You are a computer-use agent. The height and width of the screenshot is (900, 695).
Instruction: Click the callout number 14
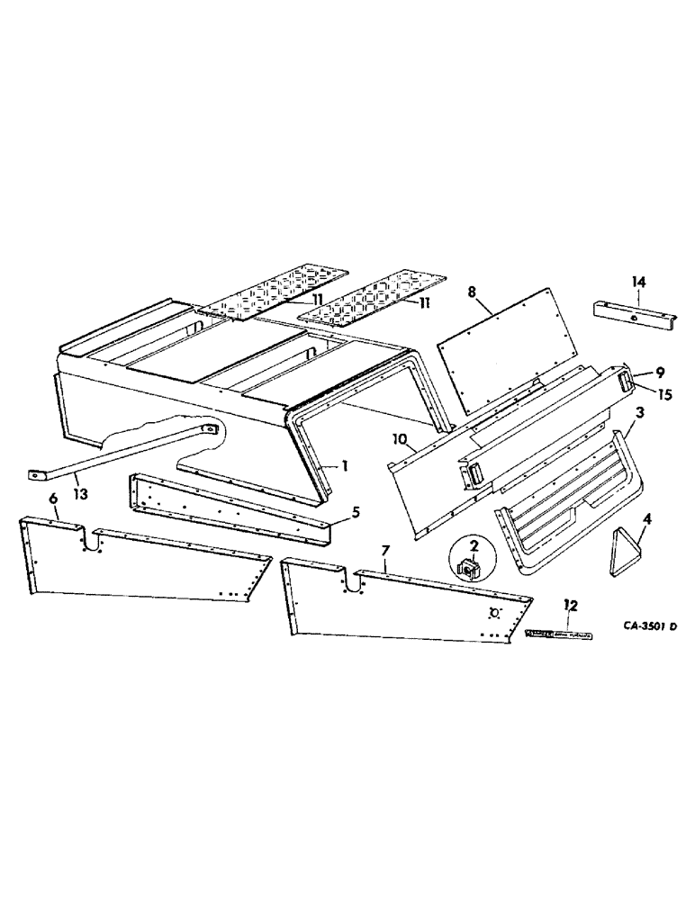[x=638, y=283]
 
